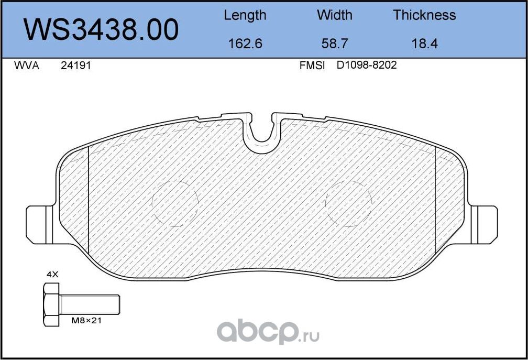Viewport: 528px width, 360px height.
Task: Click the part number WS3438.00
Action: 102,30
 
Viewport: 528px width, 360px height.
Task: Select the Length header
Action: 245,15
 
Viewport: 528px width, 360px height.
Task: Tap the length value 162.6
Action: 245,43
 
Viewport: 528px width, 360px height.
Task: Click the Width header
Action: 335,15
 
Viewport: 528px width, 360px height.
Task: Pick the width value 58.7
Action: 335,43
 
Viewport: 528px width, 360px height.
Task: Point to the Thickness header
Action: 424,15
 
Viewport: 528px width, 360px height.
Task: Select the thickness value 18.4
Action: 424,43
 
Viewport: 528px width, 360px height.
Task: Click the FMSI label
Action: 312,66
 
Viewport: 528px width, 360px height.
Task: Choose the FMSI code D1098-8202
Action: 366,66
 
